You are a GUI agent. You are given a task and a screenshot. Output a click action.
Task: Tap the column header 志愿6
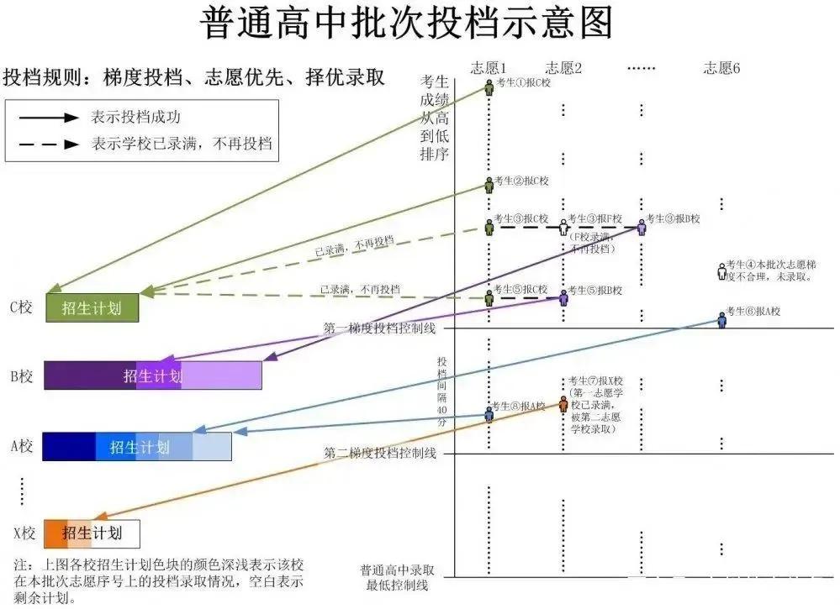click(721, 68)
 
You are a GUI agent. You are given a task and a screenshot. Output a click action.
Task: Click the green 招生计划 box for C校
click(91, 308)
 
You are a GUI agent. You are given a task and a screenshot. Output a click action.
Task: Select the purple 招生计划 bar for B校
click(152, 375)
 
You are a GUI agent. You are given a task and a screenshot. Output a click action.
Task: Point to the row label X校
click(23, 533)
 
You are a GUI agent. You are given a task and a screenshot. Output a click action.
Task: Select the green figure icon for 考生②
click(489, 186)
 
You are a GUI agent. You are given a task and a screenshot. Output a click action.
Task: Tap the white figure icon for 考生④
click(721, 271)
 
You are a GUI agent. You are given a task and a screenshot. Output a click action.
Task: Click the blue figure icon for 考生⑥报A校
click(721, 318)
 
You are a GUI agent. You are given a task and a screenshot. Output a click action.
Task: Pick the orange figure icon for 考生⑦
click(563, 403)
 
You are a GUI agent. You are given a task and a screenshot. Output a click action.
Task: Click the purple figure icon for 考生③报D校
click(642, 226)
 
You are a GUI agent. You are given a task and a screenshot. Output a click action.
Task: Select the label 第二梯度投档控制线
click(379, 454)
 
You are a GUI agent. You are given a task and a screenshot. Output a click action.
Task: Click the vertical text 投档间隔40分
click(442, 391)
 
